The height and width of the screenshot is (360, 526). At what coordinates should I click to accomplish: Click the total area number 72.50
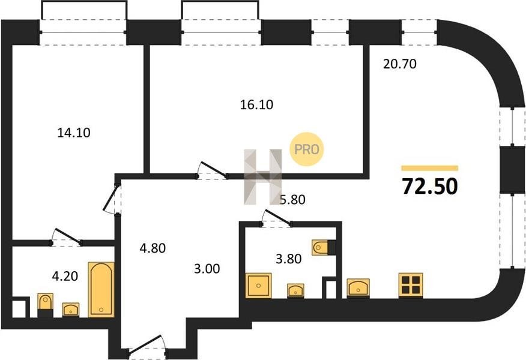(x=430, y=187)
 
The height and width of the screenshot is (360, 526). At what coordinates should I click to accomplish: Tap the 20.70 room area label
(x=399, y=64)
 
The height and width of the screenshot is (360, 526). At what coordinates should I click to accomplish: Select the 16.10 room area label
(x=256, y=105)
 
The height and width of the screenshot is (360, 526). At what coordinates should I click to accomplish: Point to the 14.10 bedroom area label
(x=74, y=133)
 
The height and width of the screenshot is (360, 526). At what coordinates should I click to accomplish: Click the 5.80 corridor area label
(x=292, y=200)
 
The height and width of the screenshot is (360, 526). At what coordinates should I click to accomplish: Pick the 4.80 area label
(x=153, y=248)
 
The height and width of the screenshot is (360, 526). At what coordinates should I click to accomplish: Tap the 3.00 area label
(x=207, y=268)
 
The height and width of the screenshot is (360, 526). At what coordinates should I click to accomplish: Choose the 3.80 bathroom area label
(x=288, y=259)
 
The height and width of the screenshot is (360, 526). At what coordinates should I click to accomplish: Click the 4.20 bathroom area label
(x=65, y=276)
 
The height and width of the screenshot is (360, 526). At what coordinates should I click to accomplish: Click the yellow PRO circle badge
(x=307, y=149)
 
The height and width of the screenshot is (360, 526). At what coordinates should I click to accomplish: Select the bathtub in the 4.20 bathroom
(x=101, y=290)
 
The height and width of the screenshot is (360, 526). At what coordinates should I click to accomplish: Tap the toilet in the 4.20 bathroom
(x=45, y=305)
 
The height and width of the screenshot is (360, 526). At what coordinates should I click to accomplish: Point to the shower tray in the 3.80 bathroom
(x=258, y=285)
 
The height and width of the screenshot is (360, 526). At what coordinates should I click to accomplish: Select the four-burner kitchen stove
(x=411, y=285)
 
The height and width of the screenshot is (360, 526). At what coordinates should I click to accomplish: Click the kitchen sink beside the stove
(x=358, y=287)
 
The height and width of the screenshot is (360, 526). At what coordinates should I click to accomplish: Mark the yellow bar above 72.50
(x=430, y=168)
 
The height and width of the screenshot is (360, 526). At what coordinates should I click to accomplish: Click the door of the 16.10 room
(x=213, y=170)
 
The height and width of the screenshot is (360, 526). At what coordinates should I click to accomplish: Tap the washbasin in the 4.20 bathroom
(x=71, y=310)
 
